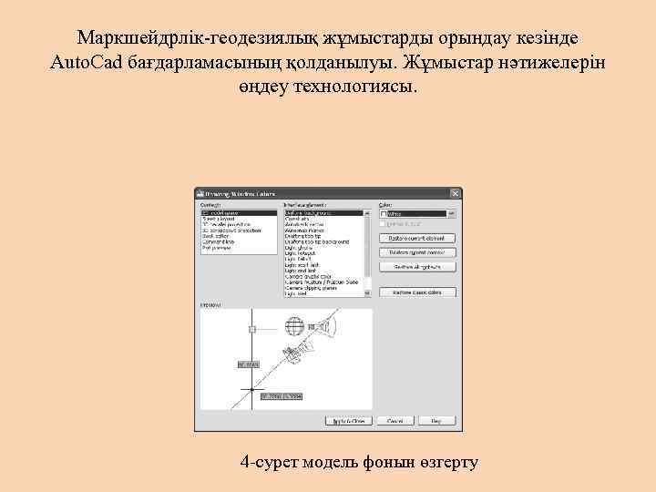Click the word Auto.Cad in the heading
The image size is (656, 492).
point(87,64)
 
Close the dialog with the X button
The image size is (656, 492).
point(455,193)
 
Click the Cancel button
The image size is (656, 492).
point(395,421)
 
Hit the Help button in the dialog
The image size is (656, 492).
point(436,421)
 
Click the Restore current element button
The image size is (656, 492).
point(415,237)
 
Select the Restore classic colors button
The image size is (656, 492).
point(415,292)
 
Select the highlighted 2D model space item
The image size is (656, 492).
point(237,213)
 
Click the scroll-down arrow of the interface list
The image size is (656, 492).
point(368,293)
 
